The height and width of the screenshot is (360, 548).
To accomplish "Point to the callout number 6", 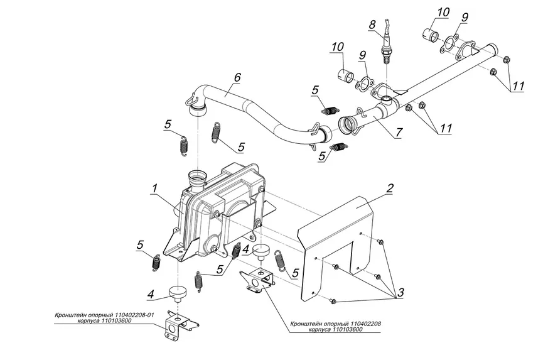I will click(x=237, y=78).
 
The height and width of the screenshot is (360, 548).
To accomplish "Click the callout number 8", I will click(x=372, y=25).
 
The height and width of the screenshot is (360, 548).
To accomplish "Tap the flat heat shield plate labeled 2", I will click(x=339, y=245).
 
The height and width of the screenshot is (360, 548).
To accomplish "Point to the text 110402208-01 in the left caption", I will click(x=131, y=314).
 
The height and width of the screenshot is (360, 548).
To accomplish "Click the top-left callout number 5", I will click(x=168, y=124).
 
